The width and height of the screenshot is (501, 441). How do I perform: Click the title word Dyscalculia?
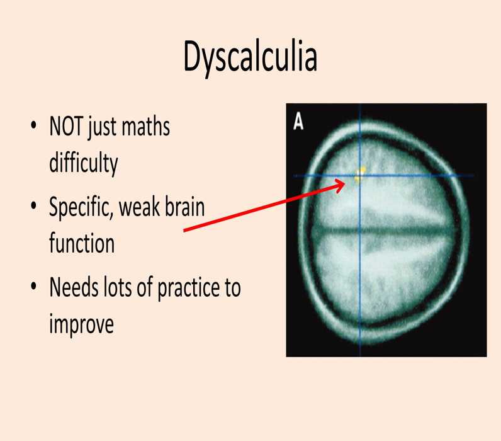point(250,57)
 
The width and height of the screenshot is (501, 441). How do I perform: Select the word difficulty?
point(83,163)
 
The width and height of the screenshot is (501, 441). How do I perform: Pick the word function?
point(82,243)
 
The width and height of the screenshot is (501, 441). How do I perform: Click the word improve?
point(81,324)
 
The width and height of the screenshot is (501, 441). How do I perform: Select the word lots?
point(118,288)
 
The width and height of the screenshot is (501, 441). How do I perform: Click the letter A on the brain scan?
point(298,122)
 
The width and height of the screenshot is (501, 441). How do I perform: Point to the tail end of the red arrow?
point(185,231)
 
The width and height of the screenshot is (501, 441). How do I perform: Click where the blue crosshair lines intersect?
point(359,176)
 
